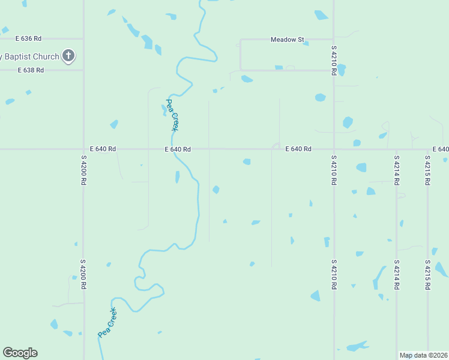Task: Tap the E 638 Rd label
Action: (31, 70)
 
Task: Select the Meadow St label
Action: (288, 40)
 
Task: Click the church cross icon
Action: (68, 57)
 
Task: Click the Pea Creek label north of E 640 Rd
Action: (172, 115)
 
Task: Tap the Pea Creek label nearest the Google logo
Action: (107, 323)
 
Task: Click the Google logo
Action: (20, 353)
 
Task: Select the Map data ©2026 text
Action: (423, 355)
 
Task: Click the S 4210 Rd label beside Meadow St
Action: (334, 59)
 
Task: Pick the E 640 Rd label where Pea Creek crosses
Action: (178, 149)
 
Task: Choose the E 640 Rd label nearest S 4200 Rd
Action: (103, 149)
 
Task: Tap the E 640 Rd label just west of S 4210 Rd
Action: (298, 149)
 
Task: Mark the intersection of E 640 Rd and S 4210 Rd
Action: (334, 149)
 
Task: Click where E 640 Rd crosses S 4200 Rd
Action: (83, 149)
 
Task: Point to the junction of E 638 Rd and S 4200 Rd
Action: (83, 70)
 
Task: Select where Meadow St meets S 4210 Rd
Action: (334, 40)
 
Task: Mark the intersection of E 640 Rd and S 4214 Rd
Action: (396, 149)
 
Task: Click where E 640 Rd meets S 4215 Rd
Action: (427, 149)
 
